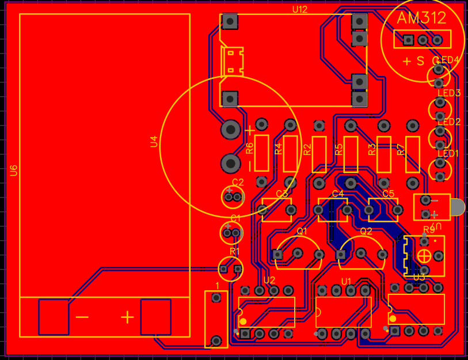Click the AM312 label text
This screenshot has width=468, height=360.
421,18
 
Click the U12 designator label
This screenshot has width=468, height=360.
300,10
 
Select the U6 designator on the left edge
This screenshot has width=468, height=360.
14,170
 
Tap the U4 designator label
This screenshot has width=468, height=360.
154,142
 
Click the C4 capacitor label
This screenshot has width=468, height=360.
338,194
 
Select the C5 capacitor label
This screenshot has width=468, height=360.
389,194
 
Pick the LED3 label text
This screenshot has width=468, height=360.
449,93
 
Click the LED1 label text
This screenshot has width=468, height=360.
448,154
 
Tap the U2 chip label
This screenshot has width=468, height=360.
269,280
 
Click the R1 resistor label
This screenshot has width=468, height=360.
234,251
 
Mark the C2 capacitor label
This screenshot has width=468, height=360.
237,182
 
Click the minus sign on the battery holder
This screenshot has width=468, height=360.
82,317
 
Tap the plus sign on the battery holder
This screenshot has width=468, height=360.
127,317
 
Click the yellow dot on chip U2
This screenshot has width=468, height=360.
243,321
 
